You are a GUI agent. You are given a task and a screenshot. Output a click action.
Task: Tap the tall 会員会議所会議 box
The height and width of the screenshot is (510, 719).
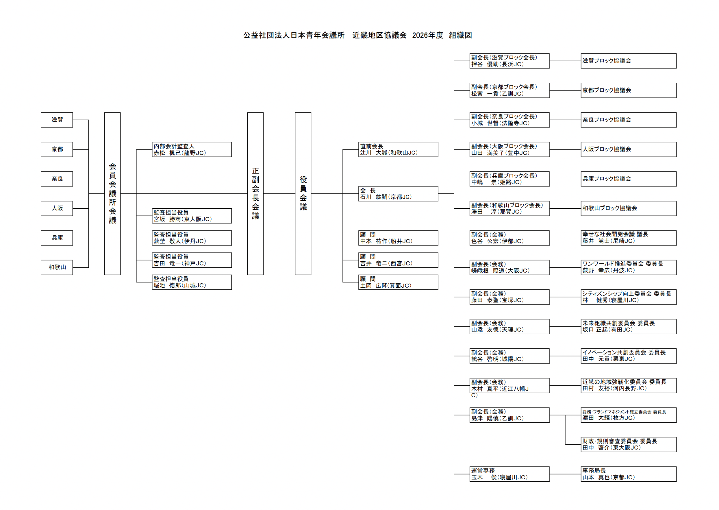[112, 193]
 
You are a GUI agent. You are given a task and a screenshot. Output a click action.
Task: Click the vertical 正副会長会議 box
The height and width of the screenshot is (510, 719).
[255, 193]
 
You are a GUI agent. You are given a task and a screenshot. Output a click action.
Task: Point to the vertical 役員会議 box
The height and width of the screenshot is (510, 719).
[303, 193]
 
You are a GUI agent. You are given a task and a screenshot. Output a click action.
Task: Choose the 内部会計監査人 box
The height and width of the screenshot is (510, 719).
[192, 149]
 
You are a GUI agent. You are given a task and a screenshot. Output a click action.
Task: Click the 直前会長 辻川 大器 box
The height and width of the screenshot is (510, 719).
[398, 149]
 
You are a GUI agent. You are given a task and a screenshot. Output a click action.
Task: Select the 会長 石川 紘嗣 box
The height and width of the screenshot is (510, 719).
[398, 194]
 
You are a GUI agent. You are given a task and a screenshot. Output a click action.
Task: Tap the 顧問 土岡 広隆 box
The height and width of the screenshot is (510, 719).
[398, 282]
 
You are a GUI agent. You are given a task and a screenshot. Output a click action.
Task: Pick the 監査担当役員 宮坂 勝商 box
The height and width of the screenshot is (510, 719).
[192, 216]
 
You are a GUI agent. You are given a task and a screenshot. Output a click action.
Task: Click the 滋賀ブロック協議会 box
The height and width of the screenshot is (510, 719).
[628, 61]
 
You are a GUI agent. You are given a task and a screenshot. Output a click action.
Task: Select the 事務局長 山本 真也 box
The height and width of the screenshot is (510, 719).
[628, 474]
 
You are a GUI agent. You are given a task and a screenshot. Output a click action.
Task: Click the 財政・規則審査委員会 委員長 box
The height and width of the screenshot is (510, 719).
[628, 444]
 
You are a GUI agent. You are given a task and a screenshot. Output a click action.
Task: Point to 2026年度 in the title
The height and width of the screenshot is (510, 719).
[427, 35]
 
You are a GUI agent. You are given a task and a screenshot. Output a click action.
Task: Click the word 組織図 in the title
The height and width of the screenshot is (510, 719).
[460, 35]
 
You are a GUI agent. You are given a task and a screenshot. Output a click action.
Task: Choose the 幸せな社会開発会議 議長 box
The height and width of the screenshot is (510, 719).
[628, 238]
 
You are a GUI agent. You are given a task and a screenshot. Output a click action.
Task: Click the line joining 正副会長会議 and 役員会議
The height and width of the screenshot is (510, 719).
[279, 194]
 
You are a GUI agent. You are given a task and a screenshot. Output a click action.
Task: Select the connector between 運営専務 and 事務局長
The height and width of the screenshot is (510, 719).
[565, 474]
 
